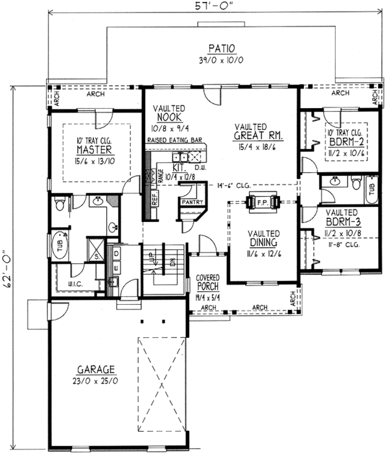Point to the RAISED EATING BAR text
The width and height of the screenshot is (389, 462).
175,140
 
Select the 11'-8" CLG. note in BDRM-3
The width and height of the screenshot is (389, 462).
343,246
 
